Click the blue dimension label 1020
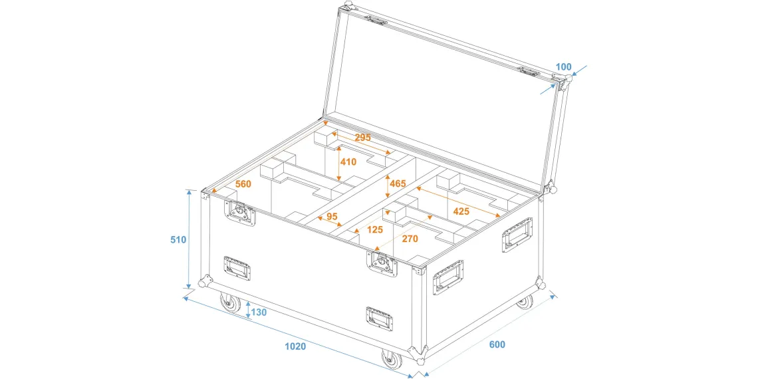(295, 346)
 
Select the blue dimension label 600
(497, 344)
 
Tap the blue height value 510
(178, 239)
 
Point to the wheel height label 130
(259, 313)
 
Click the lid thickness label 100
(563, 66)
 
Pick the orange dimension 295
(362, 137)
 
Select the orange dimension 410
(348, 162)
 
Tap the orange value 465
(398, 184)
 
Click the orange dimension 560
(243, 184)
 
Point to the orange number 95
(332, 217)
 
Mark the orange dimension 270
(410, 239)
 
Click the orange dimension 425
(461, 211)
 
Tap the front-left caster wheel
(229, 303)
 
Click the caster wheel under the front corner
(391, 359)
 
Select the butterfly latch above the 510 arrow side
(240, 211)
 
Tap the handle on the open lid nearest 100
(528, 72)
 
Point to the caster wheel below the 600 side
(524, 302)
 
